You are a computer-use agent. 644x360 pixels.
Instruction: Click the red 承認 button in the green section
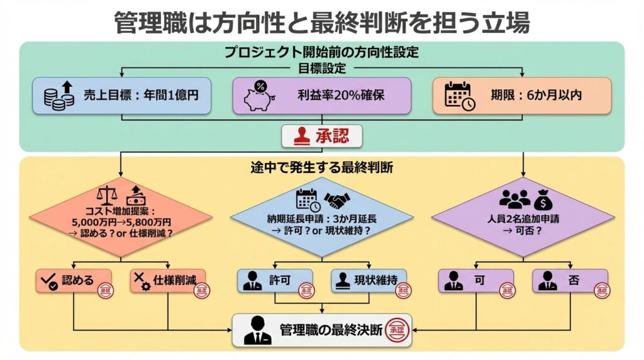click(322, 135)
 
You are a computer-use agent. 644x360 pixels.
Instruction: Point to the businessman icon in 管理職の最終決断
click(257, 330)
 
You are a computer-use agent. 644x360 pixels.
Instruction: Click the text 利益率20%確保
click(341, 96)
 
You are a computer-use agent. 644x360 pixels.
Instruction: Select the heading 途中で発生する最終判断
click(321, 167)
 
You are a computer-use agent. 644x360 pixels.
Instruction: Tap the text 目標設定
click(321, 68)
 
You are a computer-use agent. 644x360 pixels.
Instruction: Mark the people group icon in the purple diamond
click(514, 200)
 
